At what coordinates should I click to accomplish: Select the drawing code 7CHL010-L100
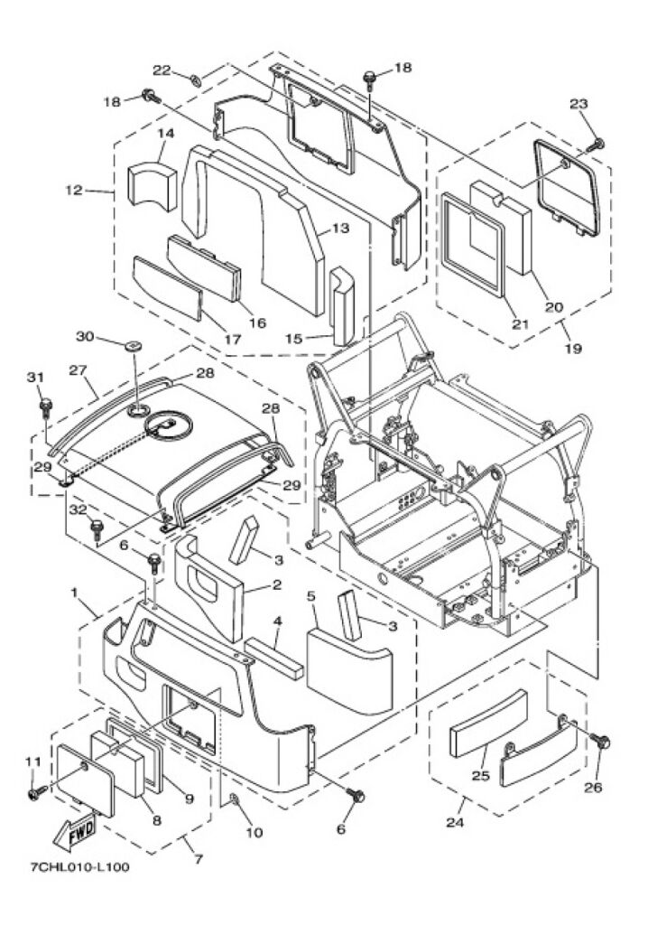click(x=79, y=866)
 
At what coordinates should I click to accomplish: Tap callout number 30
click(x=85, y=336)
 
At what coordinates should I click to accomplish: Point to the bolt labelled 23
click(x=598, y=144)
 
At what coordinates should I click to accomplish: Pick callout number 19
click(x=573, y=348)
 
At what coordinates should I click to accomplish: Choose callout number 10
click(x=254, y=832)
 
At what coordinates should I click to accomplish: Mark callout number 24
click(x=454, y=822)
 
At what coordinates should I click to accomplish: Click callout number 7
click(x=199, y=859)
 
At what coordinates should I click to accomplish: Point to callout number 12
click(x=74, y=191)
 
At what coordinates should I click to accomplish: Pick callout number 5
click(x=311, y=596)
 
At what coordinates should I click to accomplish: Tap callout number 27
click(x=78, y=370)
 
